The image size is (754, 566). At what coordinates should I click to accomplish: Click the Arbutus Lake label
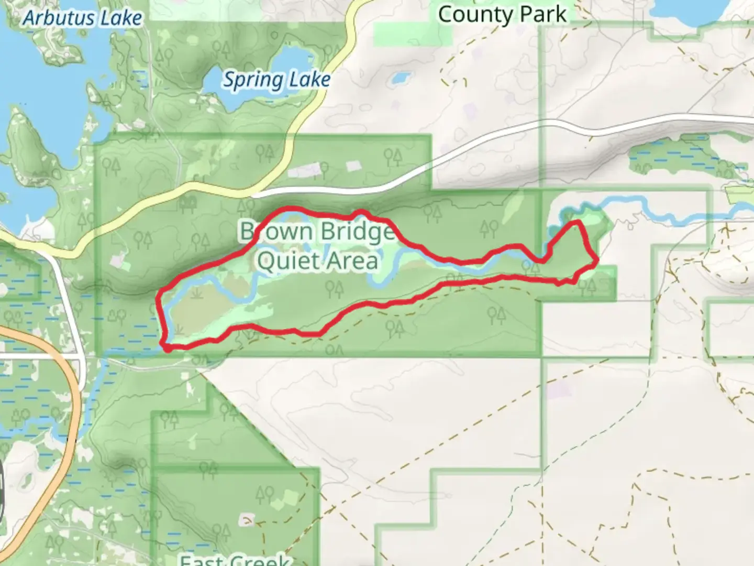pos(83,18)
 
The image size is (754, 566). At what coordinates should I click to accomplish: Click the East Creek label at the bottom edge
pos(235,560)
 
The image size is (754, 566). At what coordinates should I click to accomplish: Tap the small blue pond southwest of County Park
pos(401,79)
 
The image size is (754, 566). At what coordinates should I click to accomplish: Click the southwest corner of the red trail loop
pos(167,346)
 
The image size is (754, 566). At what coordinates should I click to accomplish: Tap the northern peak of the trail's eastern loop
pos(578,223)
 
